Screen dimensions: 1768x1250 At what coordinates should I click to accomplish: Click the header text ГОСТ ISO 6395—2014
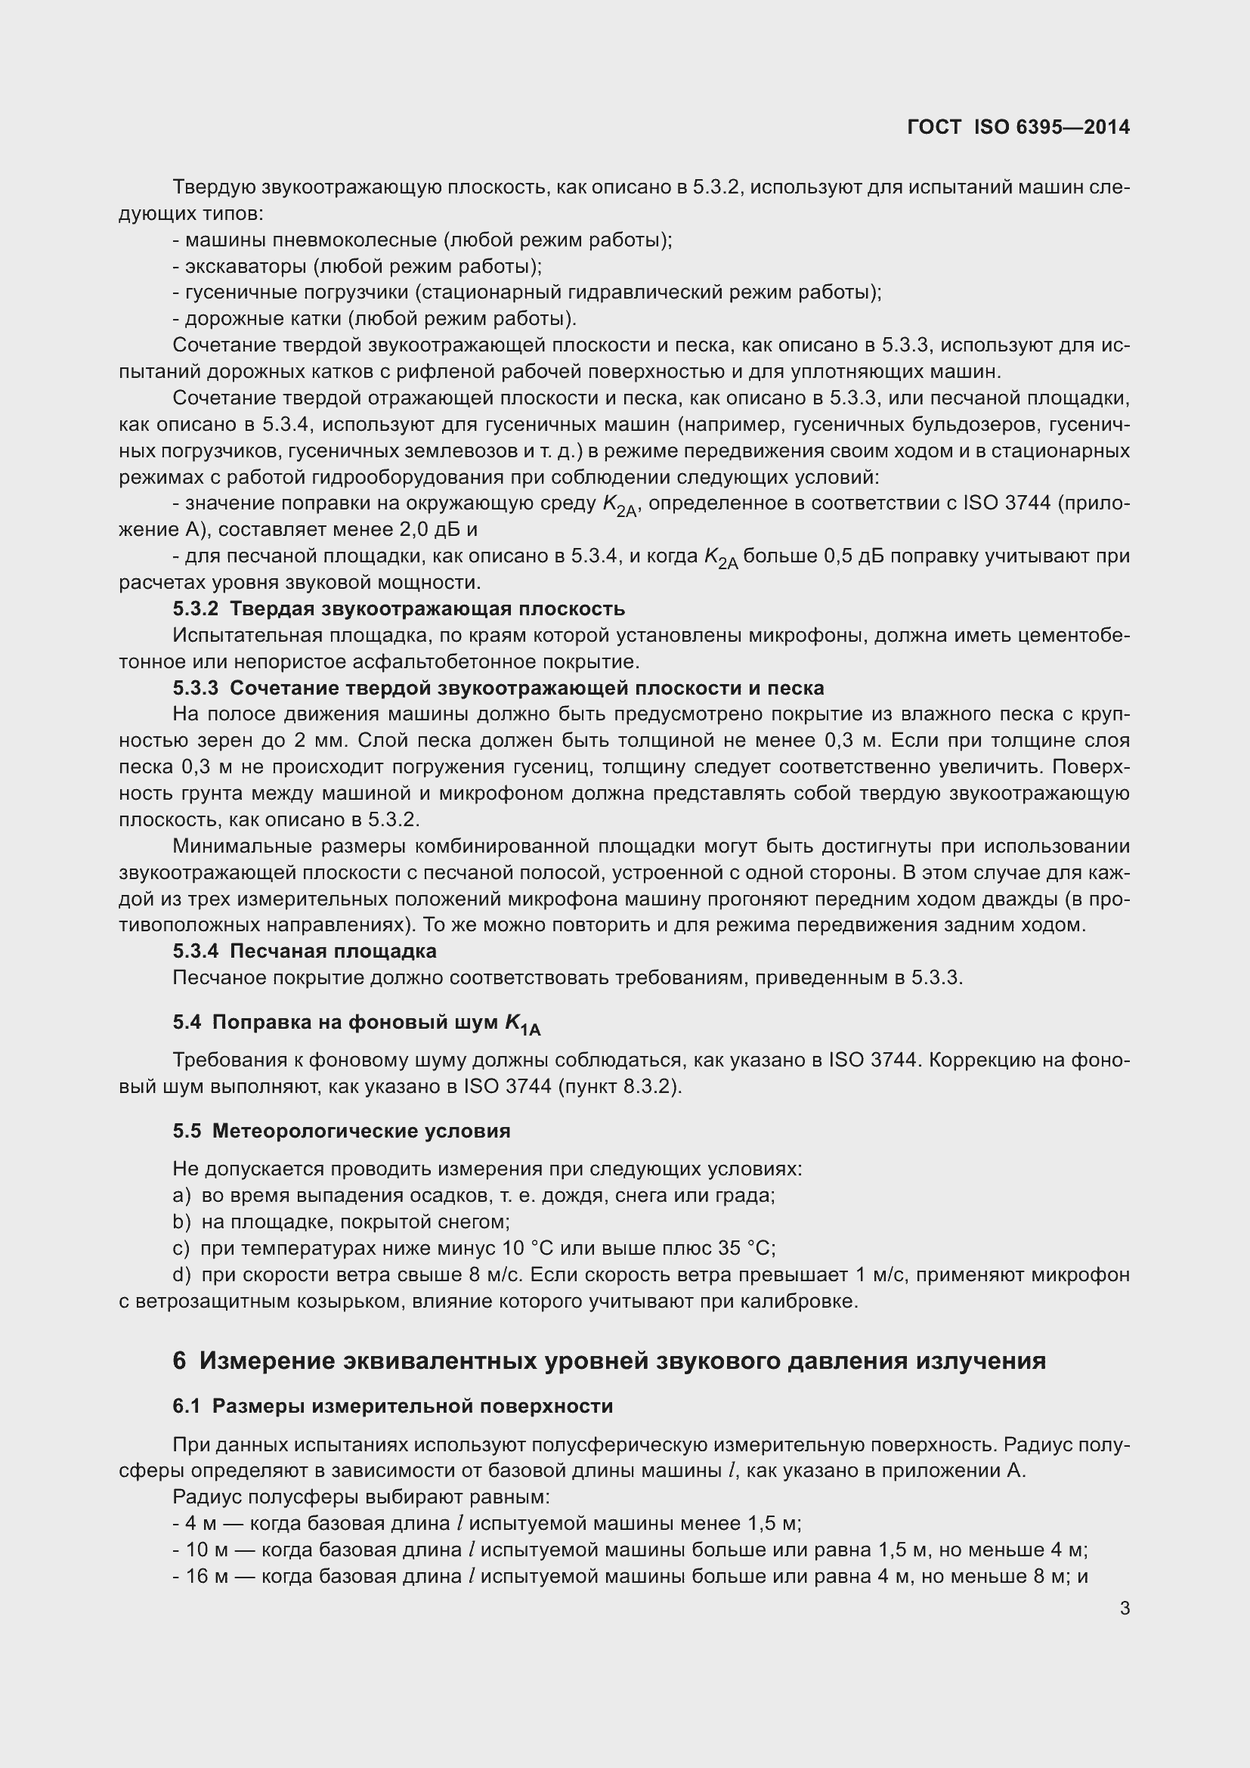1017,127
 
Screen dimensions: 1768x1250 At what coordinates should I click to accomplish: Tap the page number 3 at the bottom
1125,1608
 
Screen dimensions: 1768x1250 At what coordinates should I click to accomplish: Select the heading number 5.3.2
196,609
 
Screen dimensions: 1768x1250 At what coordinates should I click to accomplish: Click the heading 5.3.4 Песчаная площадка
304,951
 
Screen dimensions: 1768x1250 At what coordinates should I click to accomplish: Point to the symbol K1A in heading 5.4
523,1024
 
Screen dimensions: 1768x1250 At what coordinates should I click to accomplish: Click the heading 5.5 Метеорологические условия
341,1132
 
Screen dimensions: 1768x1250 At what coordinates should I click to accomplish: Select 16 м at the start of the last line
208,1576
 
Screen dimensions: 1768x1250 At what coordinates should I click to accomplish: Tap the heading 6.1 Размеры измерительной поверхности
392,1406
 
